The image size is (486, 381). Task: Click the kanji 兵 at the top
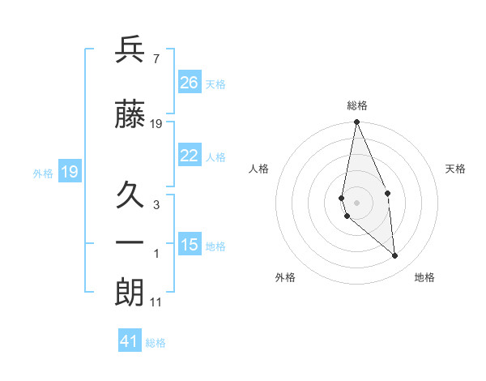pos(130,51)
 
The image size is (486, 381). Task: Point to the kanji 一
pos(130,242)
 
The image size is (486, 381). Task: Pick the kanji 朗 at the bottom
pos(130,292)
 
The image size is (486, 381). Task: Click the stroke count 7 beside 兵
pos(156,59)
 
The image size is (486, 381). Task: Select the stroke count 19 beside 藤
pos(156,123)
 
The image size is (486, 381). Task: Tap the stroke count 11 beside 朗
pos(156,302)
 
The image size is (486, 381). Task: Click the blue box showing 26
pos(190,83)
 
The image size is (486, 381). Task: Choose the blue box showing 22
pos(190,156)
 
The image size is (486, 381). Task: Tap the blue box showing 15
pos(190,245)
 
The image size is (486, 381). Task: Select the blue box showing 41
pos(130,341)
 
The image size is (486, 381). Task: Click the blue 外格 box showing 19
pos(70,172)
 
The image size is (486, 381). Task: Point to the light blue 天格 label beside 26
pos(215,83)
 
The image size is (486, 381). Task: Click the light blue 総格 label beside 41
pos(156,342)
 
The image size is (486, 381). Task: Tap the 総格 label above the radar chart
pos(356,105)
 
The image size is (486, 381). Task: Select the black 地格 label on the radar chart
pos(424,277)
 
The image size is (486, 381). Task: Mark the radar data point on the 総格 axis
pos(356,122)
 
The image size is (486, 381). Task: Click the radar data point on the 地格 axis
pos(395,256)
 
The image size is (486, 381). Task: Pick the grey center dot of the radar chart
pos(356,202)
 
